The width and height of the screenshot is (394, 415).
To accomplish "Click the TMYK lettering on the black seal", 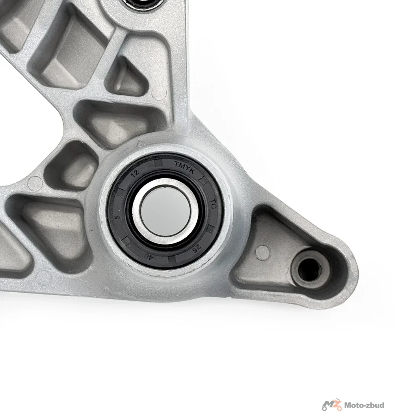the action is click(184, 168).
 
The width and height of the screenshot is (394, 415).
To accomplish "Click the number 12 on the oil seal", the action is click(135, 173).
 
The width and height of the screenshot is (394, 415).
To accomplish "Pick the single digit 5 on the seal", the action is click(118, 217).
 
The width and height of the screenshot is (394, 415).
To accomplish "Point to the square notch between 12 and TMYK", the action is click(159, 163).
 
